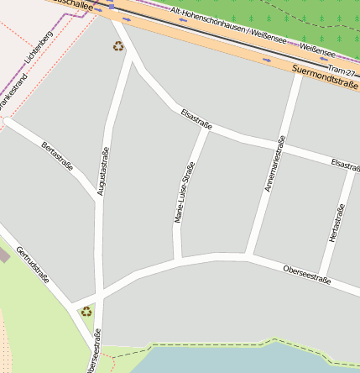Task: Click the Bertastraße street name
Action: click(x=57, y=156)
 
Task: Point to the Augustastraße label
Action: click(x=103, y=171)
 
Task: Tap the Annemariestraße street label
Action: click(x=274, y=164)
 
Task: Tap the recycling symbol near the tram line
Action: click(x=117, y=45)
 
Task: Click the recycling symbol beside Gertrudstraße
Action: click(x=86, y=312)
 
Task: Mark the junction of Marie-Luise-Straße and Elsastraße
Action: click(x=206, y=129)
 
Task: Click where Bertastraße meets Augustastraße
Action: click(x=99, y=198)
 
